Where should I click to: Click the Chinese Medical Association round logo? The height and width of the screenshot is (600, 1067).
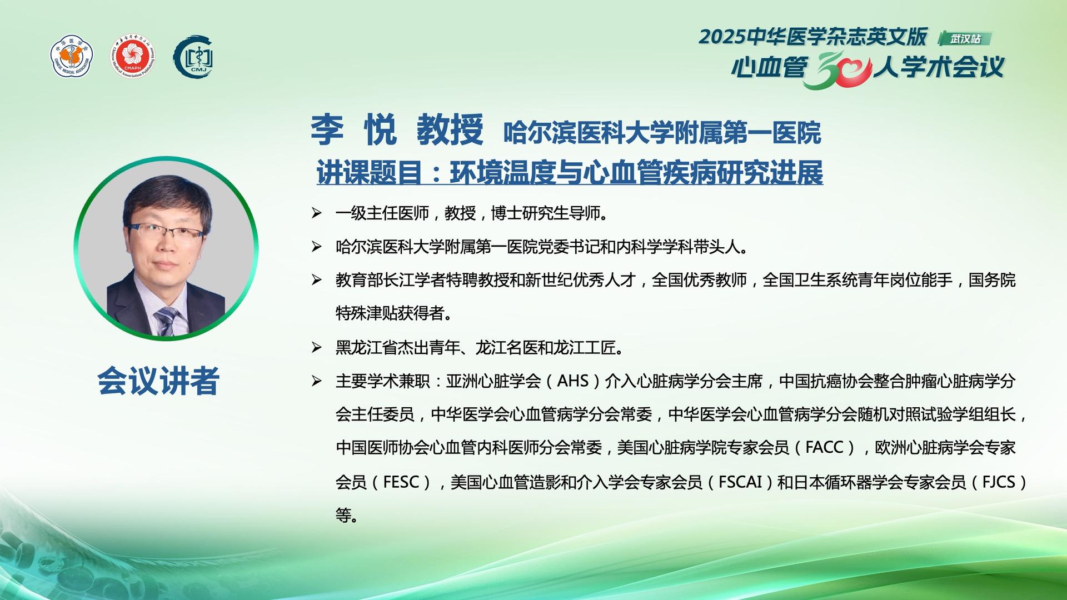click(x=72, y=57)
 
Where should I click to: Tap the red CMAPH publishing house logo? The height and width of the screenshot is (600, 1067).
click(x=132, y=57)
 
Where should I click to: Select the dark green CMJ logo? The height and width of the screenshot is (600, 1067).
click(x=193, y=57)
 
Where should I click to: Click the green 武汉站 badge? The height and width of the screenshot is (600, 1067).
click(x=965, y=38)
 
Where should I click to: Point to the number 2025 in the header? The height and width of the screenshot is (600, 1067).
click(x=722, y=37)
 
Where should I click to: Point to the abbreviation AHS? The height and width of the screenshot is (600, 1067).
click(x=572, y=381)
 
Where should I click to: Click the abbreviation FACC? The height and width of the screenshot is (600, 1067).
click(x=825, y=448)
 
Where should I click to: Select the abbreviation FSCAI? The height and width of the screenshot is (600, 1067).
click(x=740, y=482)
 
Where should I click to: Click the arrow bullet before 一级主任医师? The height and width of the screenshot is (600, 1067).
click(x=317, y=213)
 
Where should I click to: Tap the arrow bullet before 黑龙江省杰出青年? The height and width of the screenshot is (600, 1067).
click(x=317, y=348)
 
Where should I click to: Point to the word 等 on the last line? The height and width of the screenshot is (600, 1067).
click(x=343, y=516)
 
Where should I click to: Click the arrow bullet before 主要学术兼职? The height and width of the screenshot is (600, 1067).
click(x=317, y=381)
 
